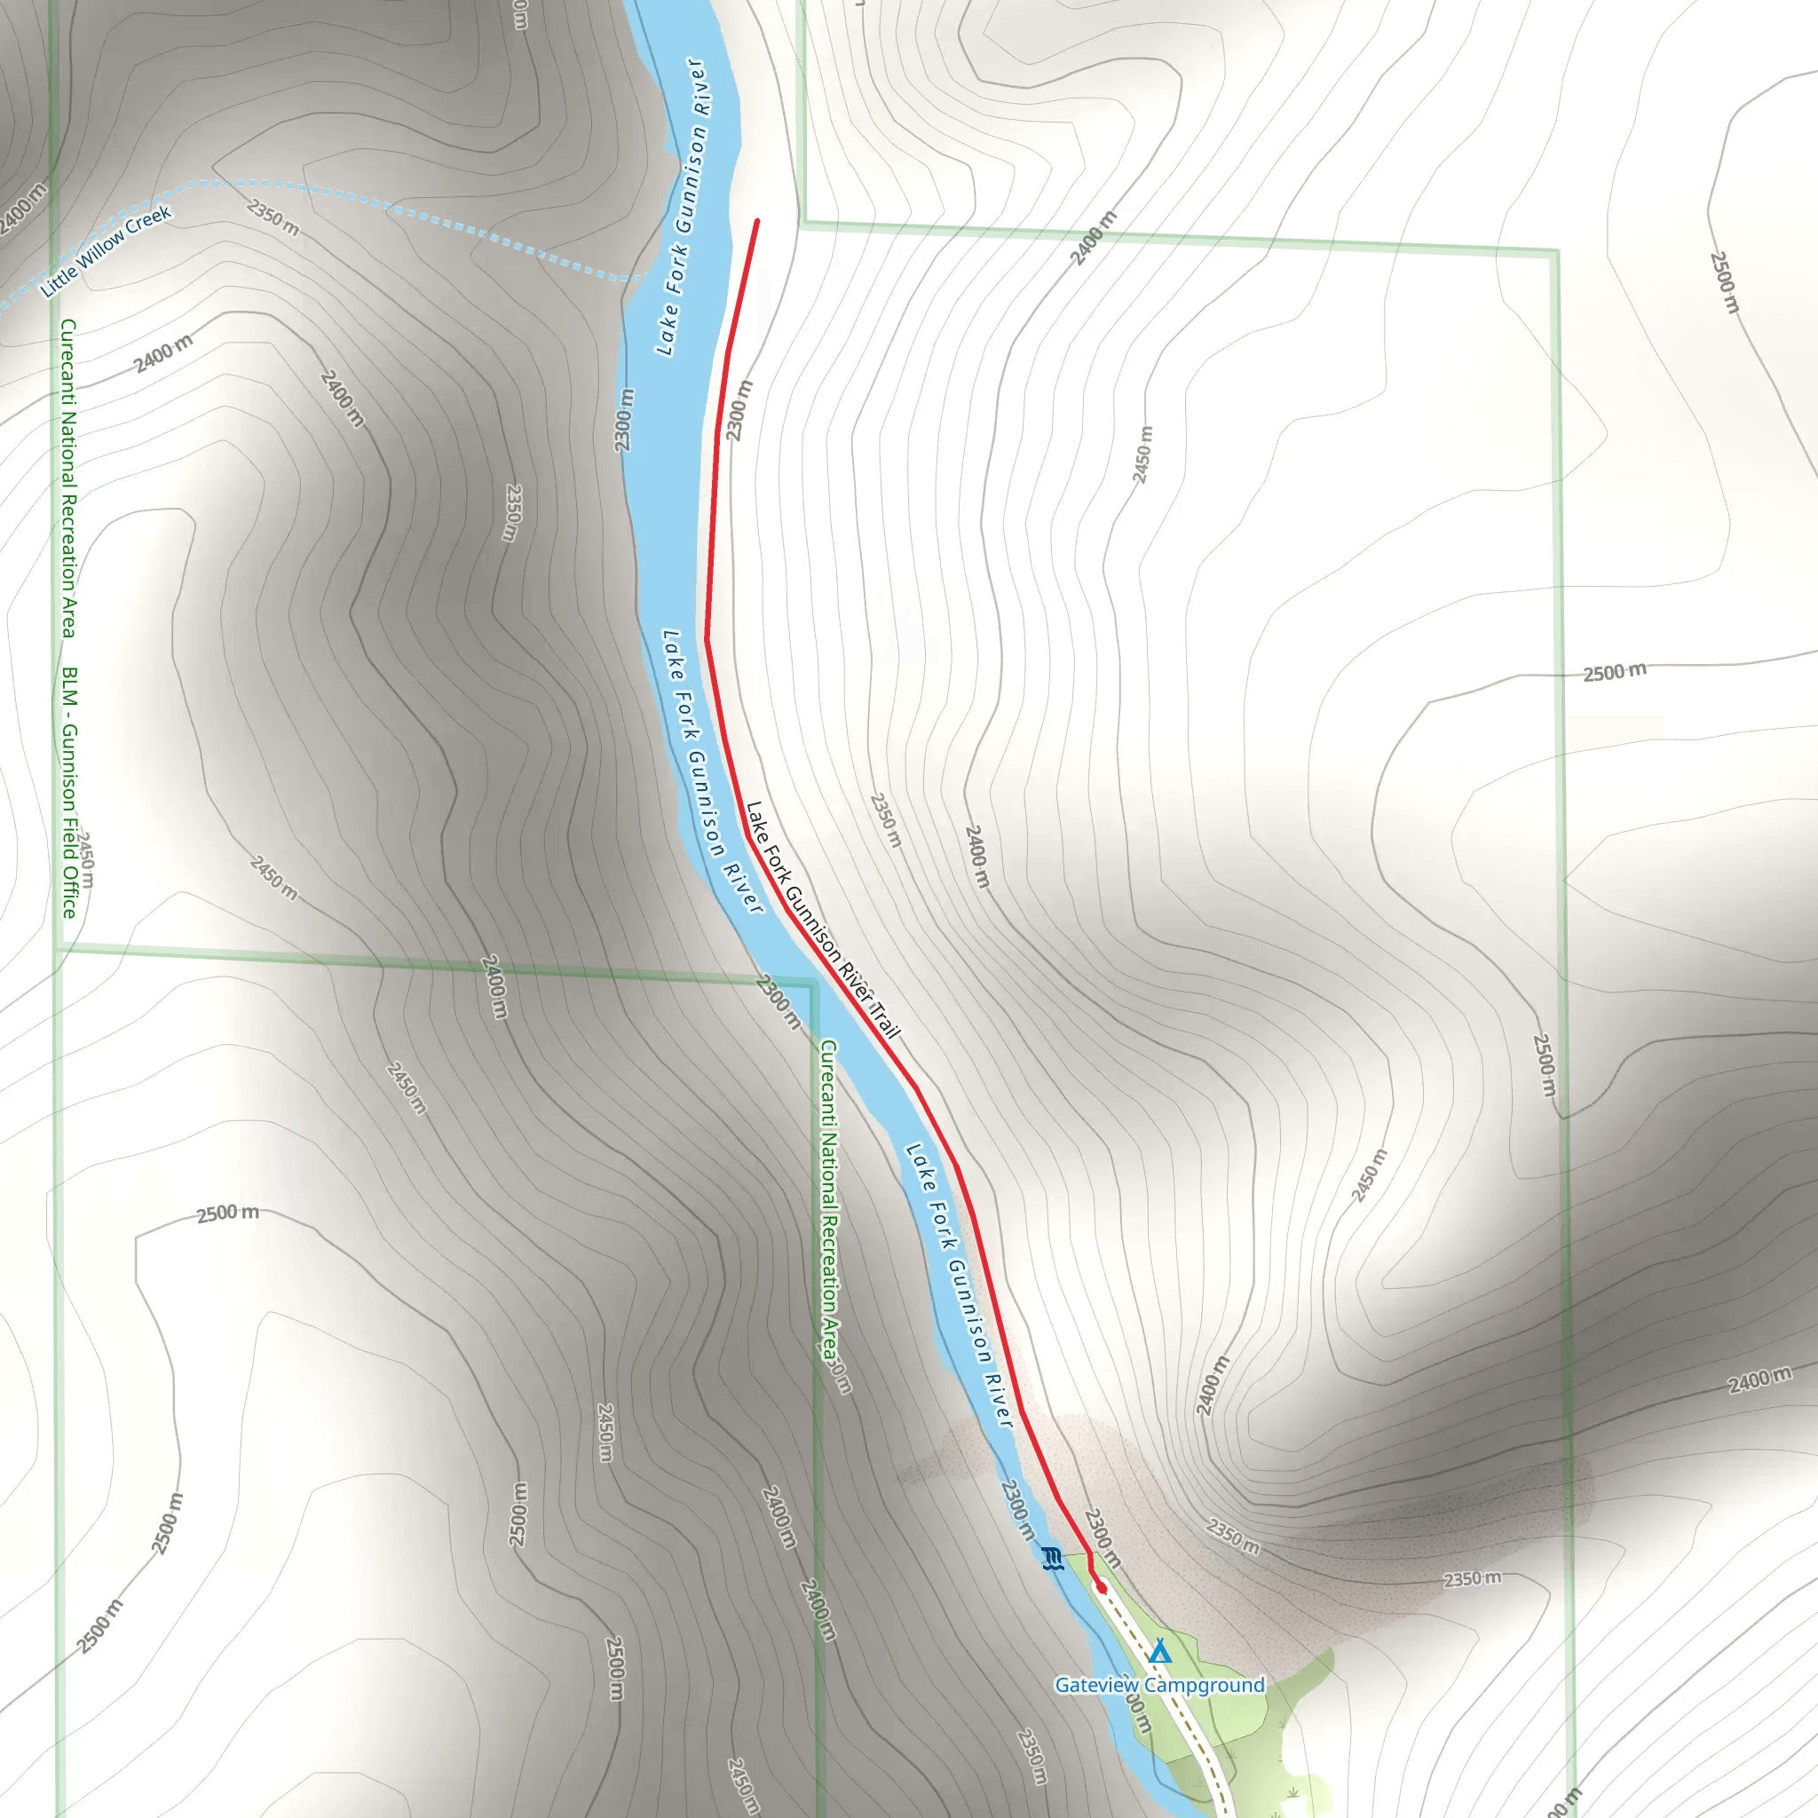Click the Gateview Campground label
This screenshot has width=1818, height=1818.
click(1159, 1684)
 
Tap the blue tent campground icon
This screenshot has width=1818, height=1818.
click(1160, 1651)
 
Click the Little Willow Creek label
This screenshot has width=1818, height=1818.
click(106, 251)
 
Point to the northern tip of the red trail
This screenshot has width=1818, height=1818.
click(756, 222)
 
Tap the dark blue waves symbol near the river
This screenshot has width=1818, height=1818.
click(1053, 1558)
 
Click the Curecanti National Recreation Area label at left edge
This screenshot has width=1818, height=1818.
click(67, 478)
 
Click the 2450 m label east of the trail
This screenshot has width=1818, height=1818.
click(1142, 454)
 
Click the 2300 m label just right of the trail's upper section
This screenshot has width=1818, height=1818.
click(739, 411)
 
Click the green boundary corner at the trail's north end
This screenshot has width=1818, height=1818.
click(802, 225)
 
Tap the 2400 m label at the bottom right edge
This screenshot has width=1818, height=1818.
click(1759, 1380)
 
